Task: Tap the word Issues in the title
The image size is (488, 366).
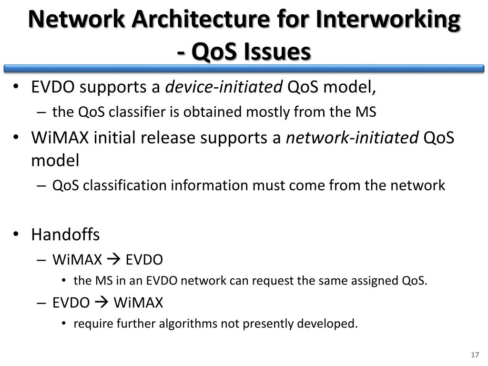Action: (278, 51)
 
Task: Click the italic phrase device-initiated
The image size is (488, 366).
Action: (224, 87)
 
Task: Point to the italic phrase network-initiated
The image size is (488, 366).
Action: (352, 138)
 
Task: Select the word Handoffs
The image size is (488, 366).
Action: (65, 234)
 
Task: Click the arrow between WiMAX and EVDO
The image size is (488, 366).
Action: (114, 260)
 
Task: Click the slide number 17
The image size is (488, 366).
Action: (474, 356)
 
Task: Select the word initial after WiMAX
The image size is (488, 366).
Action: (114, 138)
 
